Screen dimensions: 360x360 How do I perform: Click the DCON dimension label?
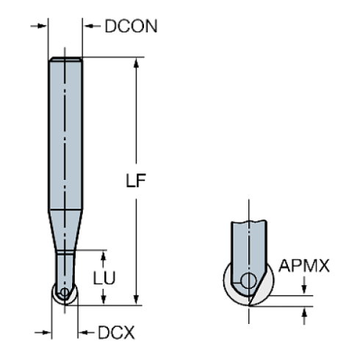click(x=132, y=26)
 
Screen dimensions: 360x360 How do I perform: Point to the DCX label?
click(x=116, y=333)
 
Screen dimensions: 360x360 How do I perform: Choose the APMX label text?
click(x=304, y=266)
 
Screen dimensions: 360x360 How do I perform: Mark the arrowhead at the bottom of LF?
click(x=135, y=298)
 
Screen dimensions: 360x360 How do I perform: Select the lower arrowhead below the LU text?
click(x=103, y=298)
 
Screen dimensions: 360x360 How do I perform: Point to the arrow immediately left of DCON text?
click(x=90, y=26)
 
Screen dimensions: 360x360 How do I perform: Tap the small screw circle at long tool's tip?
click(x=64, y=292)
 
